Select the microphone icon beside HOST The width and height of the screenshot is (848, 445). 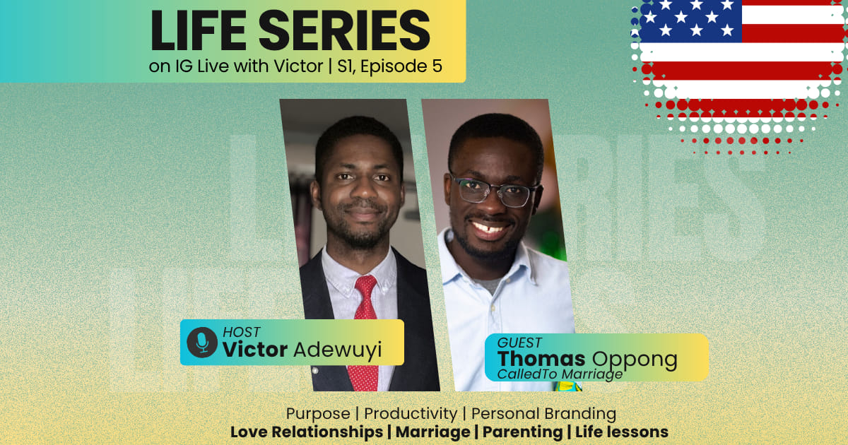202,342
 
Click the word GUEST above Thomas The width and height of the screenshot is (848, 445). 520,343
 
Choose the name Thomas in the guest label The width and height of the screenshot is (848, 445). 542,359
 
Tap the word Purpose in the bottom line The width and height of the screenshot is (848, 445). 318,413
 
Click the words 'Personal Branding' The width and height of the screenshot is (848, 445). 543,413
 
